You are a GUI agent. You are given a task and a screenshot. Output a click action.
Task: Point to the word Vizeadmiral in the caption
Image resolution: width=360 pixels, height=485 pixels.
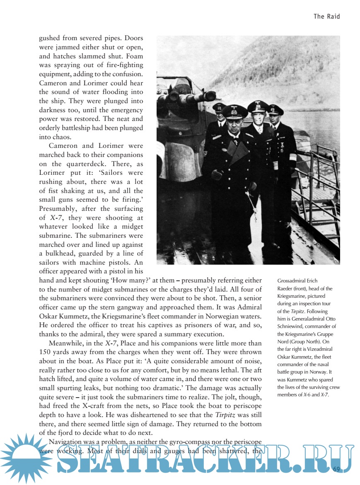(318, 349)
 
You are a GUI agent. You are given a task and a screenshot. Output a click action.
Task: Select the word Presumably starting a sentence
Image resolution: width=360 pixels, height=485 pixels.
(57, 208)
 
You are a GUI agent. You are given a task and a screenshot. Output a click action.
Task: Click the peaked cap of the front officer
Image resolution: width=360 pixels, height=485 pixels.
(234, 111)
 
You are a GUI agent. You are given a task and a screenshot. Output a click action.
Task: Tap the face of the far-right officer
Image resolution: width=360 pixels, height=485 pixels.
(275, 119)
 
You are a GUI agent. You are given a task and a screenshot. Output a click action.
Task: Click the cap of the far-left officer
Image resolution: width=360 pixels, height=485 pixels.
(219, 107)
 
